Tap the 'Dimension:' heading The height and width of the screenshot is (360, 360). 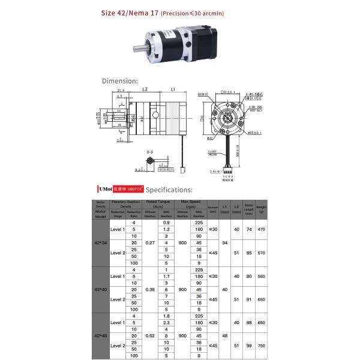[x=119, y=80]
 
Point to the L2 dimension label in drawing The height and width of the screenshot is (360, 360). [x=145, y=89]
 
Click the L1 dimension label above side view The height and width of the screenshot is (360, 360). [x=172, y=89]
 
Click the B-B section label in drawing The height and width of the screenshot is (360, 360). [x=150, y=153]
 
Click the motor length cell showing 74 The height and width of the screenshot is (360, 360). [x=249, y=229]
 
